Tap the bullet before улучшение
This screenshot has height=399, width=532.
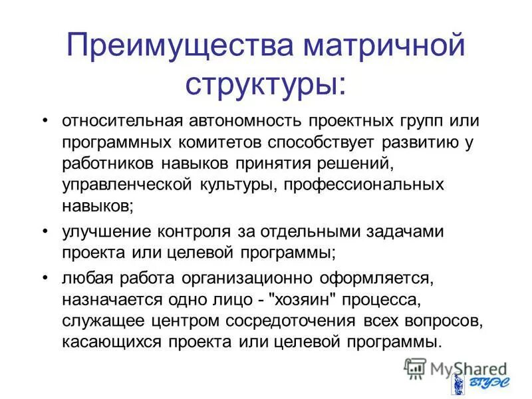coord(45,232)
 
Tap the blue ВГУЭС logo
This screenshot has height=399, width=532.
coord(476,384)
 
